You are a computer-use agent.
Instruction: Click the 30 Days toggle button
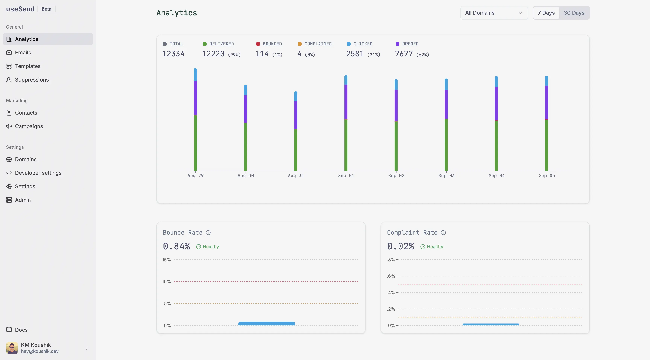pyautogui.click(x=574, y=13)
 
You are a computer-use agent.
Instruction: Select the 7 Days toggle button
pyautogui.click(x=546, y=13)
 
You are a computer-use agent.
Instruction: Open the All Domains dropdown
pyautogui.click(x=494, y=13)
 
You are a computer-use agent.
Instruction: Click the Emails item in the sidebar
pyautogui.click(x=23, y=53)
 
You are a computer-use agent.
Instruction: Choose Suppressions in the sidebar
pyautogui.click(x=32, y=80)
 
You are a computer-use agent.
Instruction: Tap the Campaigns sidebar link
pyautogui.click(x=29, y=126)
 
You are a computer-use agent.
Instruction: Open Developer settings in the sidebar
pyautogui.click(x=38, y=173)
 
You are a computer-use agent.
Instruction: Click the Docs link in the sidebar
pyautogui.click(x=21, y=330)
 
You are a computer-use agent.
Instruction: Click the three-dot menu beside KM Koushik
pyautogui.click(x=87, y=348)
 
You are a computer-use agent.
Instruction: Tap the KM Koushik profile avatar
pyautogui.click(x=12, y=348)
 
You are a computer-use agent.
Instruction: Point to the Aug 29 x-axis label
pyautogui.click(x=195, y=176)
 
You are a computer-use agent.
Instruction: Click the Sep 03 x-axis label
pyautogui.click(x=446, y=176)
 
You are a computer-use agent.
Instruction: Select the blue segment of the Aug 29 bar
pyautogui.click(x=195, y=75)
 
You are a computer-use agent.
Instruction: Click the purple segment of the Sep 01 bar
pyautogui.click(x=346, y=102)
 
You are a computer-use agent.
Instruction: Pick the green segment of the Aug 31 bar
pyautogui.click(x=295, y=150)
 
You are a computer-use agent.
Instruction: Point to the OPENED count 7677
pyautogui.click(x=404, y=54)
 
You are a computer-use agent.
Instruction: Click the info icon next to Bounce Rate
pyautogui.click(x=208, y=233)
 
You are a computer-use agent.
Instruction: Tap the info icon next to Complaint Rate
pyautogui.click(x=443, y=233)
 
